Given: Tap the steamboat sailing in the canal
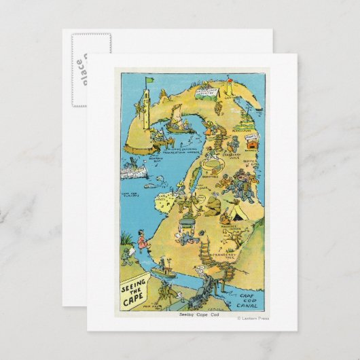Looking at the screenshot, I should click(x=164, y=272).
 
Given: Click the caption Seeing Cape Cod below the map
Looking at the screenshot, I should click(x=200, y=316).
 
